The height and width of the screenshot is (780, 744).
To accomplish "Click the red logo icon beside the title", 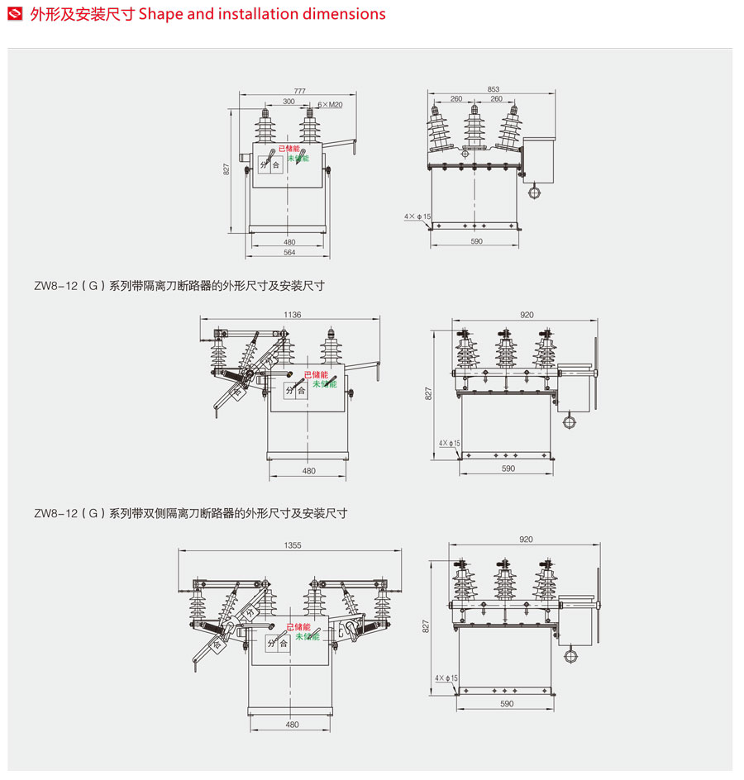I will point(14,14).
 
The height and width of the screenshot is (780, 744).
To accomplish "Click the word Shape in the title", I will point(163,14).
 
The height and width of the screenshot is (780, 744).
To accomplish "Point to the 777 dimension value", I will point(299,90).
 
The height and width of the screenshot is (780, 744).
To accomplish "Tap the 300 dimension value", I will point(289,102).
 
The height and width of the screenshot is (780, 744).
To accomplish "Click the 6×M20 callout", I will point(331,105).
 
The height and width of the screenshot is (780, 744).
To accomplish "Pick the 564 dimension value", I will point(289,253).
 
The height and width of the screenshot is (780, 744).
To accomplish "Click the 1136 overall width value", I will point(292,315).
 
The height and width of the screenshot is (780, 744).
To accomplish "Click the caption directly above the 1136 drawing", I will point(179,286).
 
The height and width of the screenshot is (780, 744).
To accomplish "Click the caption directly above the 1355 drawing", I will point(191,513).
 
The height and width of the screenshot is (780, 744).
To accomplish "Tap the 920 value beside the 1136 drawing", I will point(527,315).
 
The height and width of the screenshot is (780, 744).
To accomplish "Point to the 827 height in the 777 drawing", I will point(227,169).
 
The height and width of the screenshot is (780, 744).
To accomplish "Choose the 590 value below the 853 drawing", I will point(476,241).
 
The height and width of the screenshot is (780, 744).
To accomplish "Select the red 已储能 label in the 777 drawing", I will point(289,149).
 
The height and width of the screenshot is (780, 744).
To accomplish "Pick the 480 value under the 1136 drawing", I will point(308,471).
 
